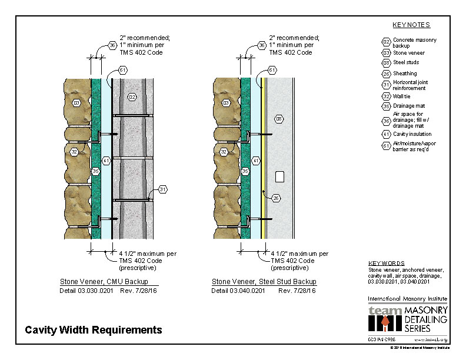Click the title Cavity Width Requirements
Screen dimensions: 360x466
pos(93,330)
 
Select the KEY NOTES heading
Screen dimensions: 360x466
pos(411,25)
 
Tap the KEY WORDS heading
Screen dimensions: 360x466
pos(387,264)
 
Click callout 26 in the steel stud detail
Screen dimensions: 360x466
pos(275,198)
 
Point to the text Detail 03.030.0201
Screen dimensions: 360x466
pos(86,291)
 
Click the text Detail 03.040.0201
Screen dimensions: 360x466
pos(238,291)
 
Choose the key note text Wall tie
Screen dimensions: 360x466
pos(402,95)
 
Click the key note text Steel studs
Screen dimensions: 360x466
pos(406,62)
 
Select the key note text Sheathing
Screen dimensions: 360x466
pos(405,74)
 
